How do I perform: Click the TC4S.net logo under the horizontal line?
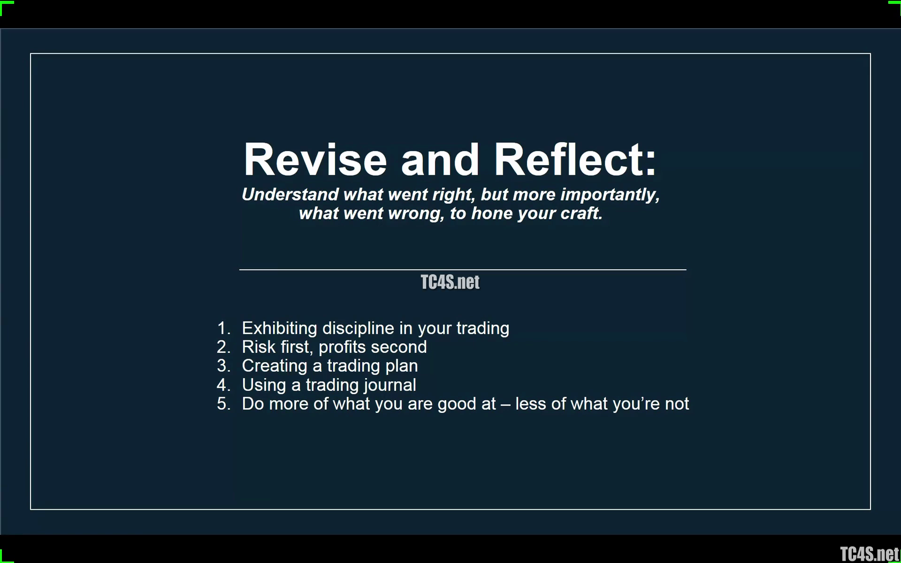(x=450, y=282)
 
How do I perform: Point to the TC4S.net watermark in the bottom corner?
(x=870, y=554)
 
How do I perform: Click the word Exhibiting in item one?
(x=280, y=328)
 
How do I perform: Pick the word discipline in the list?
(x=358, y=328)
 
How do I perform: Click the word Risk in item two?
(x=259, y=347)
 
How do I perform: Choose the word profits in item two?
(x=342, y=347)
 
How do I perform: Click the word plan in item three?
(x=402, y=366)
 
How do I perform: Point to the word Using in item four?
(x=264, y=385)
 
